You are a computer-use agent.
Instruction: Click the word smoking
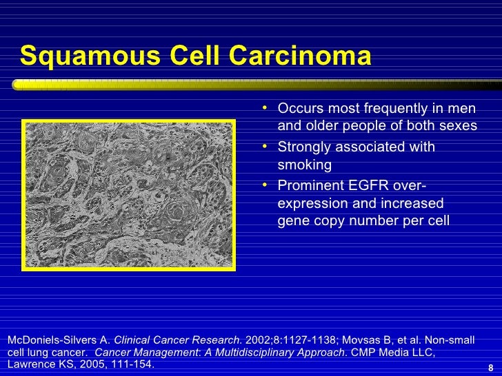[304, 165]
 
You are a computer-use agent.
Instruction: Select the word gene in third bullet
[292, 221]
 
